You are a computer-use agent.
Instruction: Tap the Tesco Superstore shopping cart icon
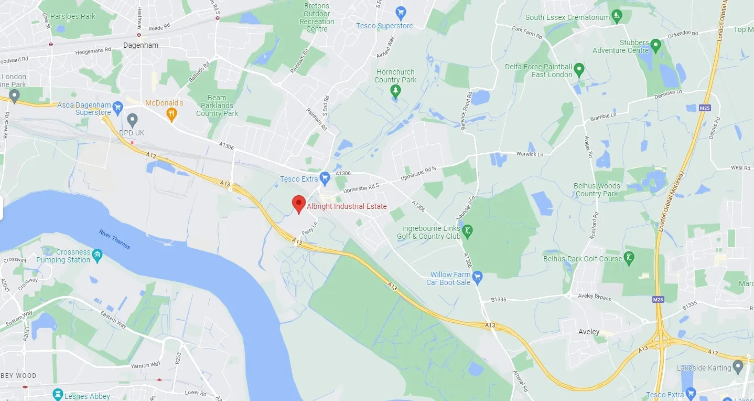[401, 12]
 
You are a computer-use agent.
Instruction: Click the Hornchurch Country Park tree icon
[395, 91]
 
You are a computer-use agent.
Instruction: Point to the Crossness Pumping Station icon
[97, 256]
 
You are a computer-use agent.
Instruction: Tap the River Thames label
[115, 239]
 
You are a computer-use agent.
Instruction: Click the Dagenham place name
[141, 45]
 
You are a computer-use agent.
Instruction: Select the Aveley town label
[588, 332]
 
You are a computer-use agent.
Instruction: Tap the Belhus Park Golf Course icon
[629, 258]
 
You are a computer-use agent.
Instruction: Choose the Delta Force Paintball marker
[579, 69]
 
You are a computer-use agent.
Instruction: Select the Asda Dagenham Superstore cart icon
[118, 107]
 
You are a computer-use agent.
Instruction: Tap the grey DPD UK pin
[132, 120]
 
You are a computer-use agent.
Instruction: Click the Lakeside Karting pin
[739, 366]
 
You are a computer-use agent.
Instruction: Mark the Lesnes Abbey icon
[58, 395]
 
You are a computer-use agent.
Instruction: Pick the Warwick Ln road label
[515, 154]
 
